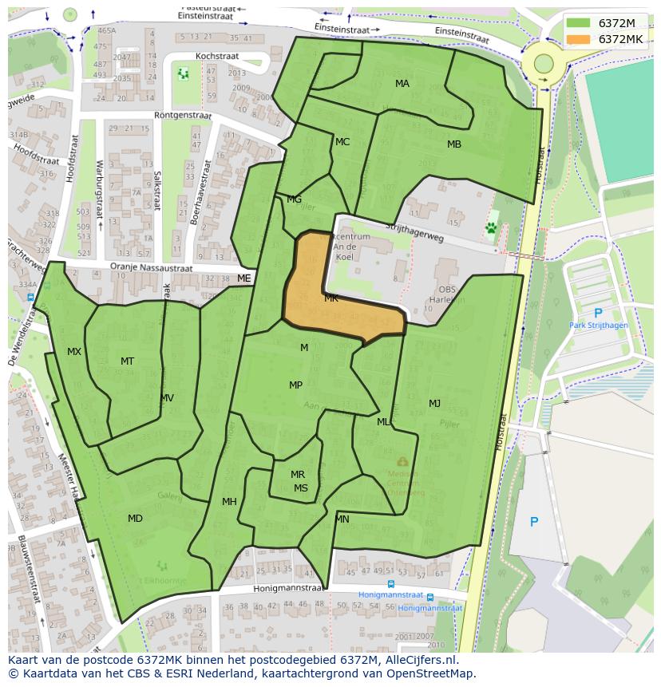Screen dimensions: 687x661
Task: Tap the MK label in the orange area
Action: click(331, 298)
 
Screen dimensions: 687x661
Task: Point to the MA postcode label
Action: click(402, 84)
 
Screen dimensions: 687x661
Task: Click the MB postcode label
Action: click(454, 144)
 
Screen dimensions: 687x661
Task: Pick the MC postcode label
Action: click(342, 142)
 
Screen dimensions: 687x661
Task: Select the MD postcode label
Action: click(135, 519)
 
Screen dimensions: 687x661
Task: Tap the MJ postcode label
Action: click(434, 403)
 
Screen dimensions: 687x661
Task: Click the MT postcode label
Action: click(127, 361)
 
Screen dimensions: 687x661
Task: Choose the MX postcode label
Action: click(74, 352)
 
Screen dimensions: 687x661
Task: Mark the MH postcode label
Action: click(229, 502)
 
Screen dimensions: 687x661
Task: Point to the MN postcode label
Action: click(342, 519)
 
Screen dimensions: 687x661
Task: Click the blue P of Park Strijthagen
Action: click(598, 314)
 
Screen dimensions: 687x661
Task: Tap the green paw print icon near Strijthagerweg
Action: click(491, 228)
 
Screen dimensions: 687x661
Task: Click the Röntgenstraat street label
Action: click(184, 116)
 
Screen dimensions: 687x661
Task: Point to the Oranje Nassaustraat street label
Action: click(152, 269)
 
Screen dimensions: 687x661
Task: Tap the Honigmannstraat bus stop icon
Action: click(430, 597)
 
